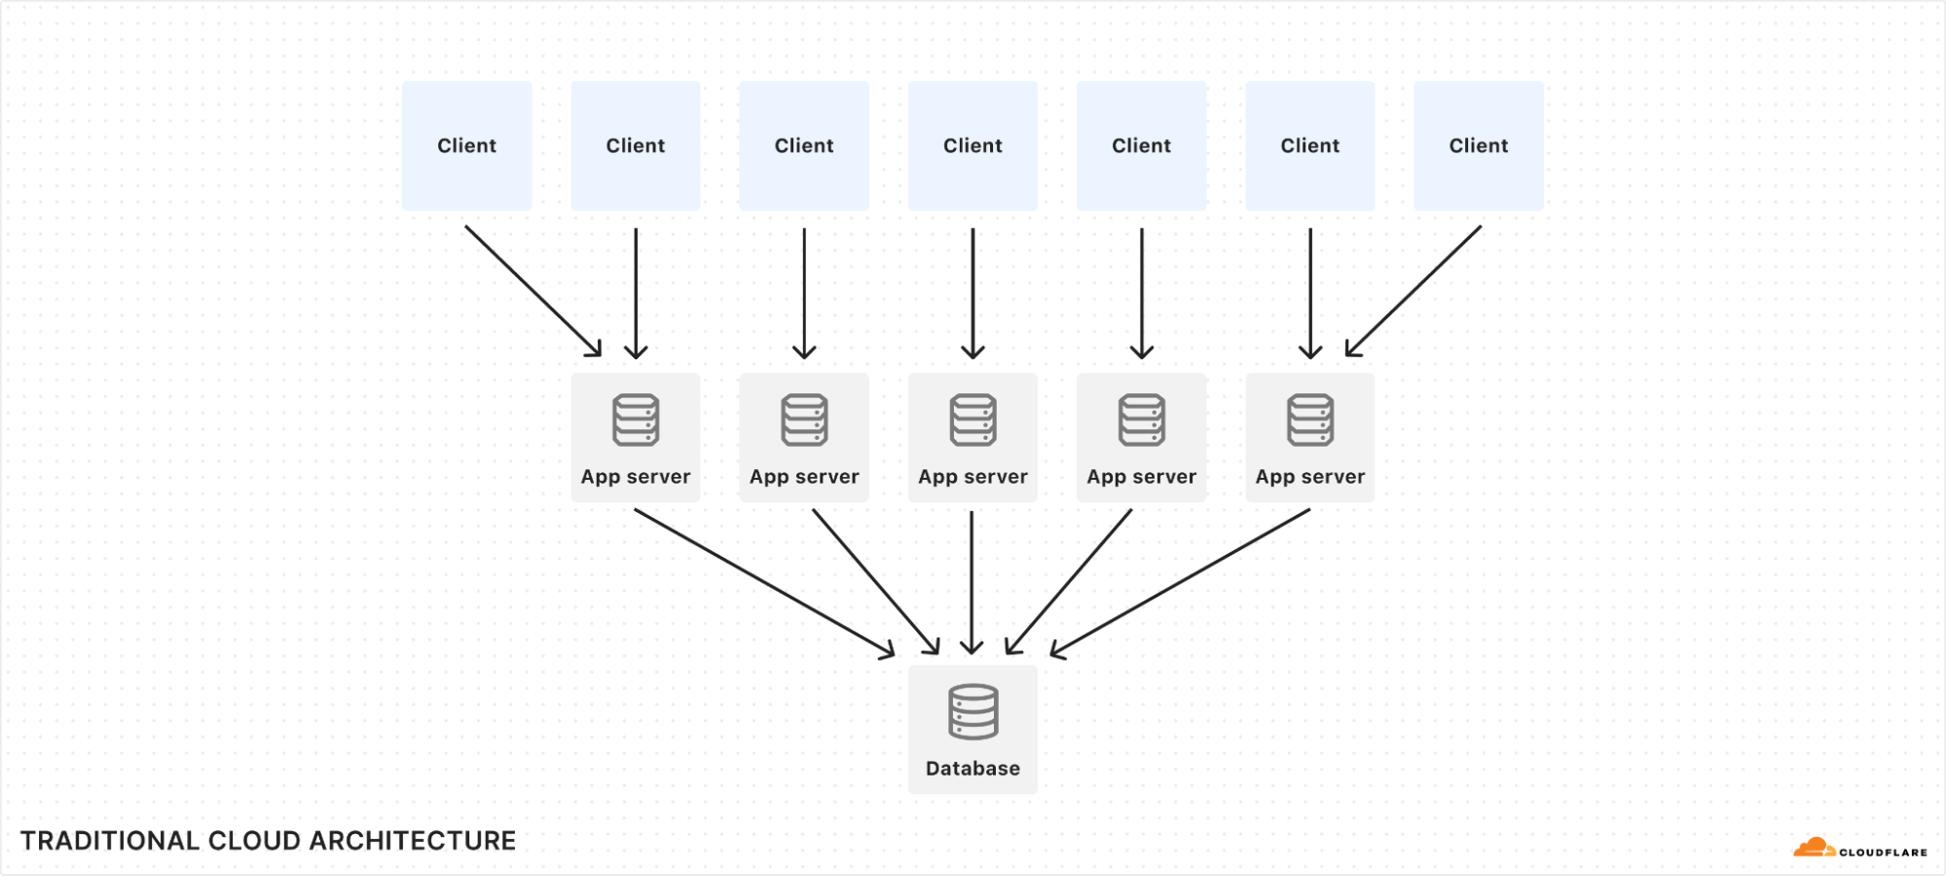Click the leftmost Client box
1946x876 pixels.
[466, 146]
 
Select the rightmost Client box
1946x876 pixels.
[1478, 146]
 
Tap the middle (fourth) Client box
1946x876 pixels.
[973, 146]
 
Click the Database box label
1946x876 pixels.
[973, 768]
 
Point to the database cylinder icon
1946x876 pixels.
[973, 712]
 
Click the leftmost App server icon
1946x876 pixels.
[636, 420]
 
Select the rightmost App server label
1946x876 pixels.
[1309, 477]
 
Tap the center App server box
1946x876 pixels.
[973, 438]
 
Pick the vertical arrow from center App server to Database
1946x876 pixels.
[972, 582]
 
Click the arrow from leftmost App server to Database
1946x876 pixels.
[764, 582]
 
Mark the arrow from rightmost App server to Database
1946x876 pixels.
[1181, 582]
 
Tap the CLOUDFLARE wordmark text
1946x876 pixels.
[1882, 853]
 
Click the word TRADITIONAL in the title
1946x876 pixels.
[109, 841]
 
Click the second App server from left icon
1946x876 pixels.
[804, 420]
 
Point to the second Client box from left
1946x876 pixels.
[635, 146]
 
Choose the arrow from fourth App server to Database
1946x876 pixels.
[1069, 582]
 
